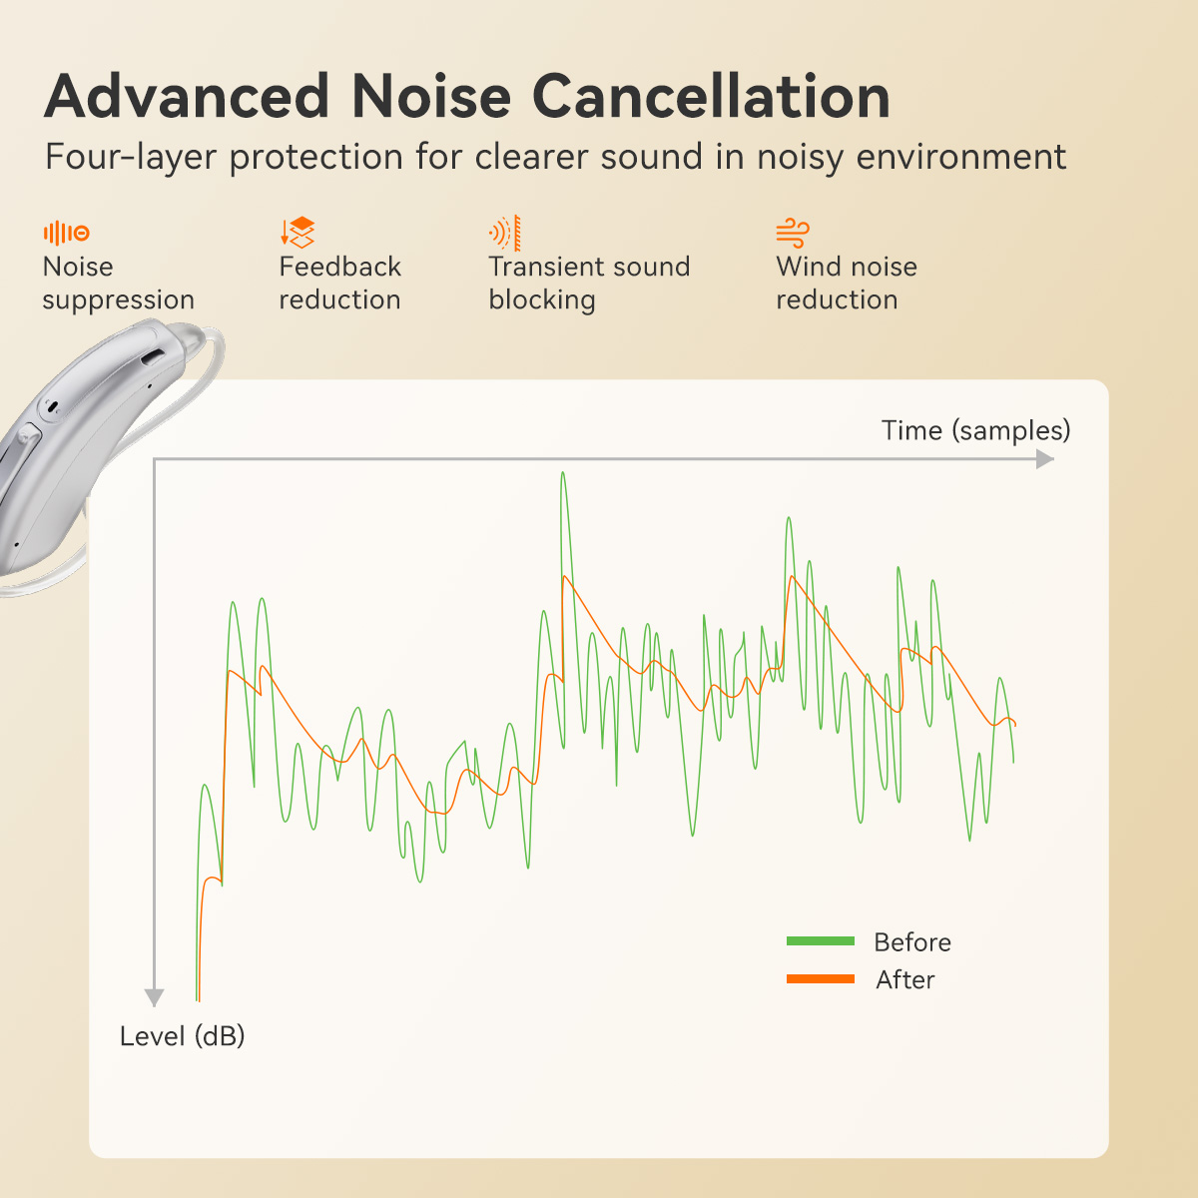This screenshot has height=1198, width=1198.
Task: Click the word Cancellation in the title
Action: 710,97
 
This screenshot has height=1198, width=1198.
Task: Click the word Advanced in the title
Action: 187,97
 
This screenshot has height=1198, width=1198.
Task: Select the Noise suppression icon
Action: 66,233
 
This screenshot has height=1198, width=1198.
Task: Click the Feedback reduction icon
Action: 298,233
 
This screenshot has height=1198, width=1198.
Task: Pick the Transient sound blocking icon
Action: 505,233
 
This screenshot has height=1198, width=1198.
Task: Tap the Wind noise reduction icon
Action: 793,233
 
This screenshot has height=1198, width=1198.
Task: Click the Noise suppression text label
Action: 118,284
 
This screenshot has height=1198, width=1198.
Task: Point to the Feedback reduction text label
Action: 339,284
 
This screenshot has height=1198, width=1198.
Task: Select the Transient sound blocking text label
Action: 589,284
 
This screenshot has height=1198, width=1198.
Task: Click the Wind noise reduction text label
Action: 846,284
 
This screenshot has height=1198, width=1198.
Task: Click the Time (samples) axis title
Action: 975,430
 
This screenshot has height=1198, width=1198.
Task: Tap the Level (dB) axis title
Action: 182,1036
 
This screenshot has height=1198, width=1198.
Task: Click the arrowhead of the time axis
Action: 1045,459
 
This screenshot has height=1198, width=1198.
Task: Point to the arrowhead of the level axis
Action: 154,997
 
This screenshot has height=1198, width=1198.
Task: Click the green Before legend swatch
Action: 820,940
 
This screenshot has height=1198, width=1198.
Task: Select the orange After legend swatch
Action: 820,978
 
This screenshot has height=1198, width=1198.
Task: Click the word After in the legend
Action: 904,979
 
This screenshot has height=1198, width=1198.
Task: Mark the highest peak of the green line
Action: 563,473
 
